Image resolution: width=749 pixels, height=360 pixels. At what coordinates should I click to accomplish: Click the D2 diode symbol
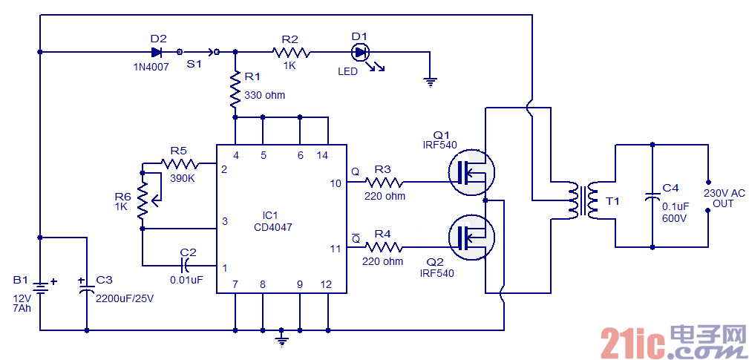click(157, 52)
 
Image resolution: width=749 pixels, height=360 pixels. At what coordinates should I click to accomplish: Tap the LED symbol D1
click(361, 52)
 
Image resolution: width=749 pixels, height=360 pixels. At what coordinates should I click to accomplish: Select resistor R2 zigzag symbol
click(290, 52)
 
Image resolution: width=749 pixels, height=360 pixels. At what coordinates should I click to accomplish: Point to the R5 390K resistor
click(180, 163)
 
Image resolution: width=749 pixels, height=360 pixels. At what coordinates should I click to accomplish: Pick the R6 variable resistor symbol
click(143, 194)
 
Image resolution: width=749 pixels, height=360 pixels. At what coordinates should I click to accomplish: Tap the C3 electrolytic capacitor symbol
click(87, 287)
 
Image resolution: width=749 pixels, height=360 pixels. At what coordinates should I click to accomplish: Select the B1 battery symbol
click(40, 286)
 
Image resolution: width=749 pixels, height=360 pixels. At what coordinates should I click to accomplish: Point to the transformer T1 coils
click(583, 200)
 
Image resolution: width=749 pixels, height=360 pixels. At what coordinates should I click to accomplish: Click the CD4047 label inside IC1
click(272, 227)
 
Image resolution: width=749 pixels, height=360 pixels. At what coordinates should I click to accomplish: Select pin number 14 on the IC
click(322, 155)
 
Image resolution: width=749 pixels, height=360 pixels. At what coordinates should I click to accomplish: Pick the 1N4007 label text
click(151, 67)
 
